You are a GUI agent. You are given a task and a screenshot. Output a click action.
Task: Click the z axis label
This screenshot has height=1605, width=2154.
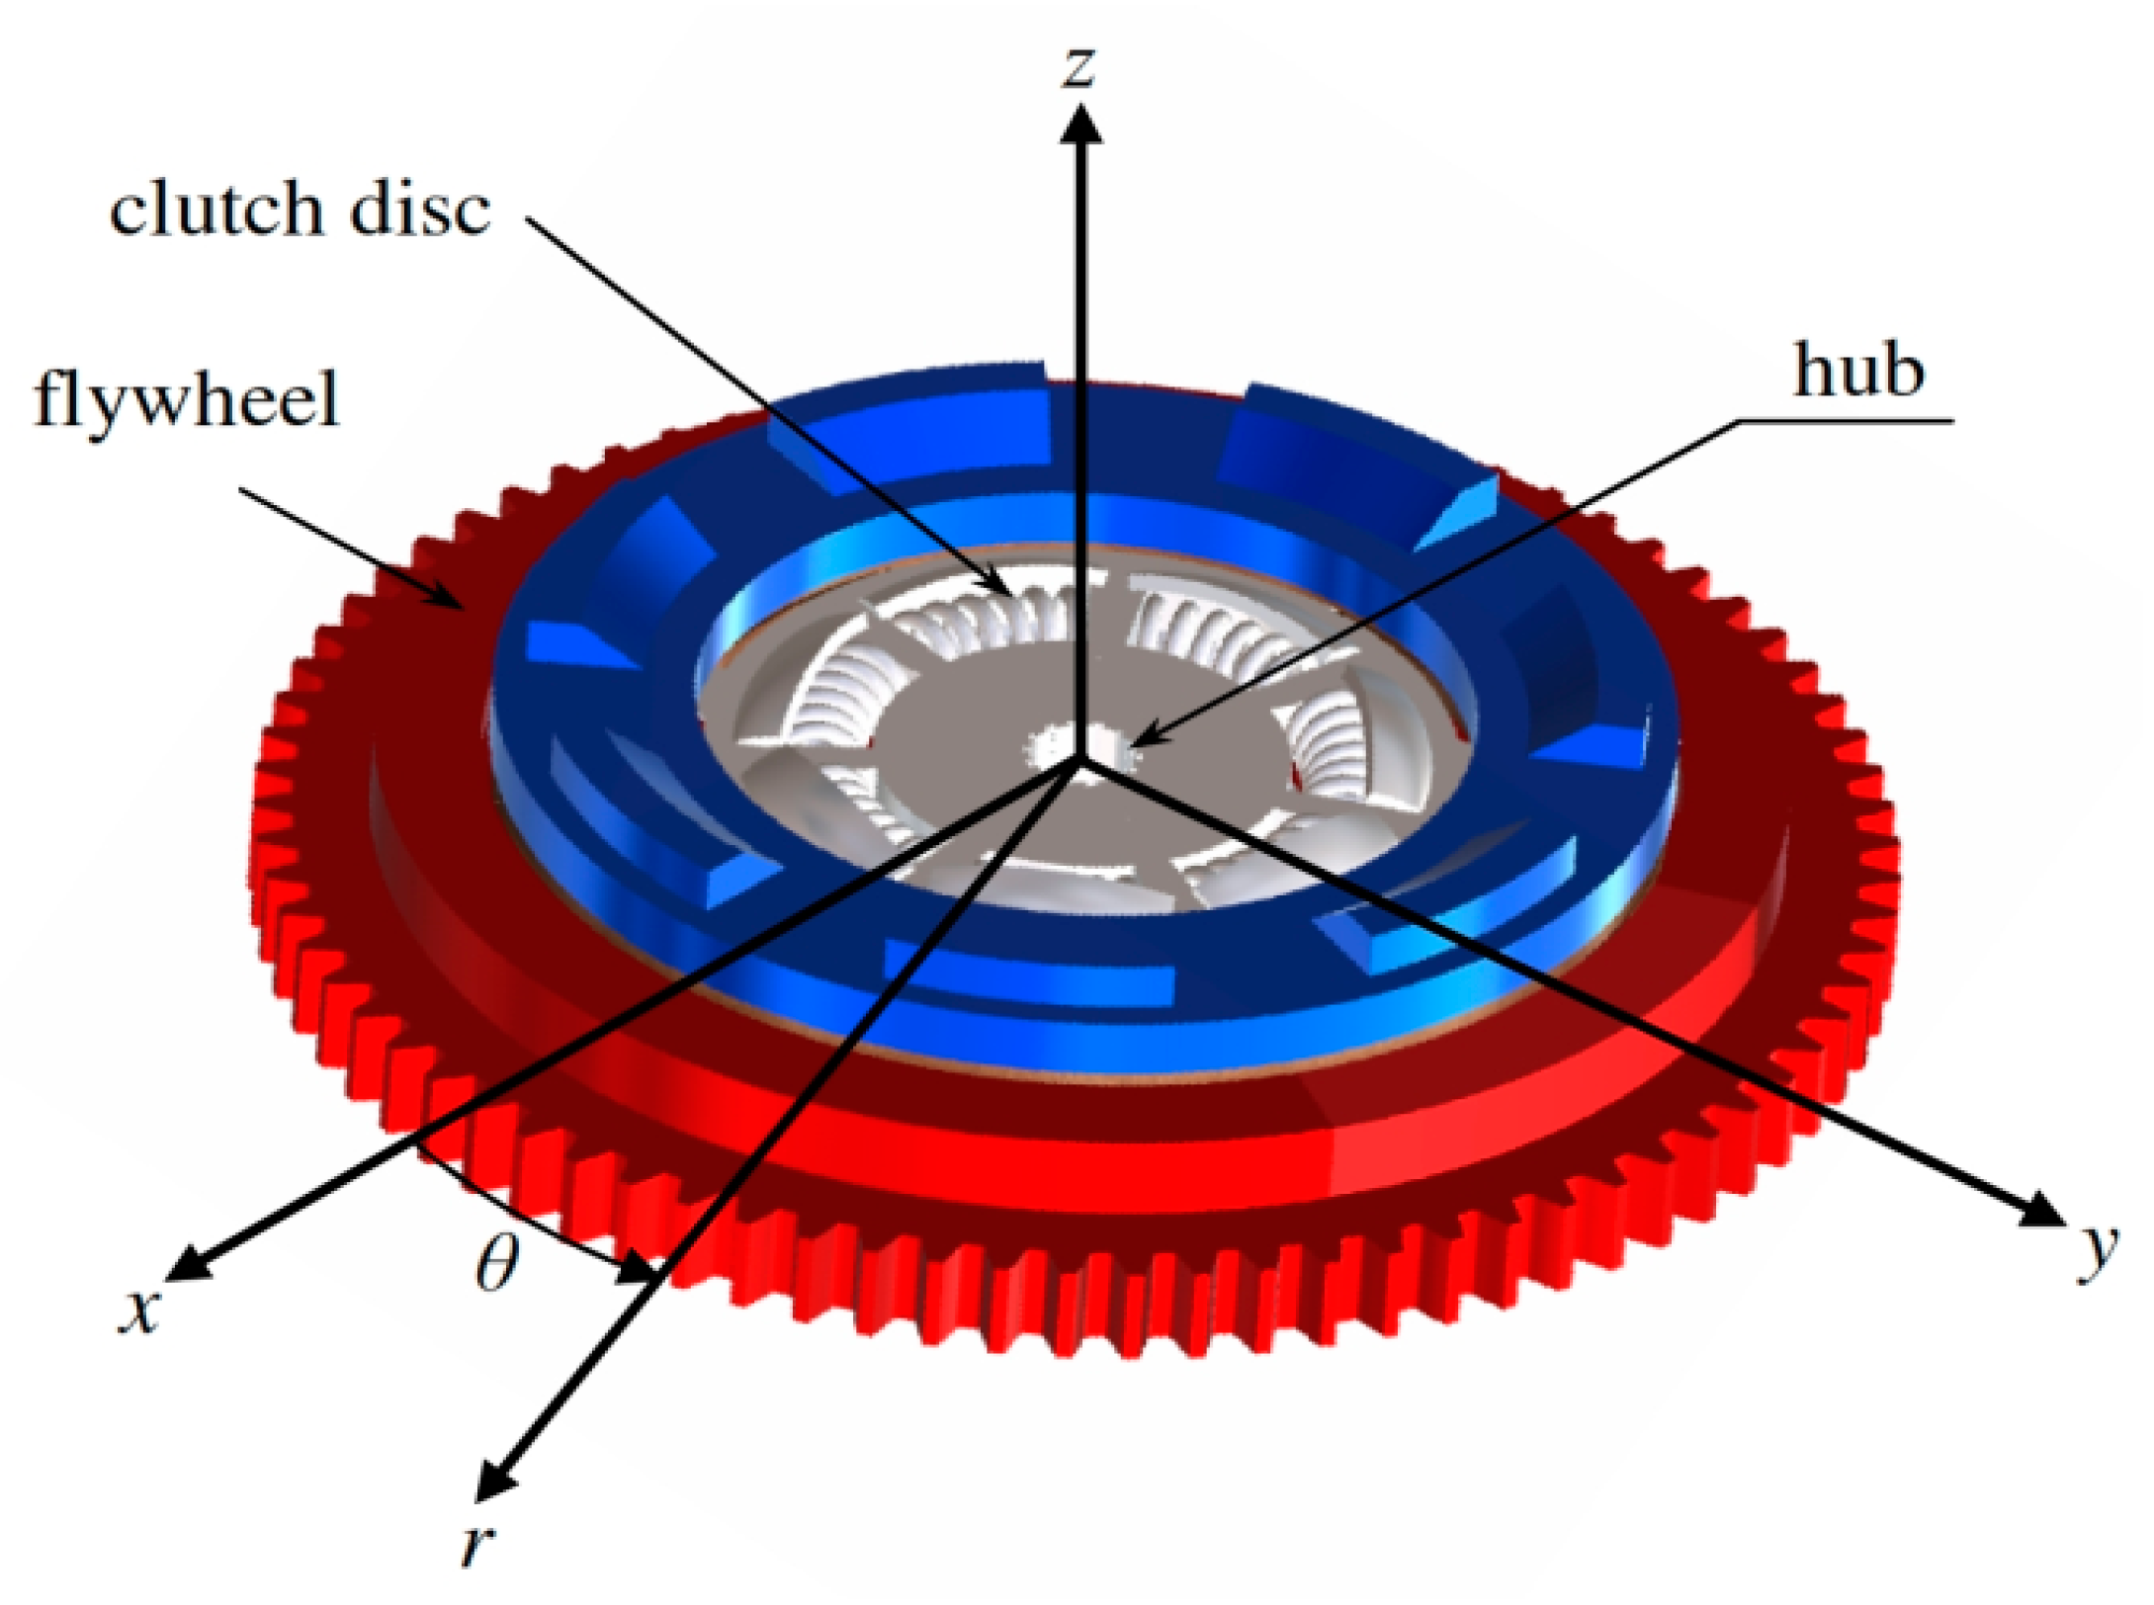(1079, 67)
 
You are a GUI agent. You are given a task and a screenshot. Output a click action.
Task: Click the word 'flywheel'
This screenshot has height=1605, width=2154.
(187, 398)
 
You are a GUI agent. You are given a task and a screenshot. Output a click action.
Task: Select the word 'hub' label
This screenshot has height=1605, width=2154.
(1858, 372)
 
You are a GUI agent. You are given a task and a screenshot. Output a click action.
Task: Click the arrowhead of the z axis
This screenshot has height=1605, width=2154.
(1081, 124)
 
